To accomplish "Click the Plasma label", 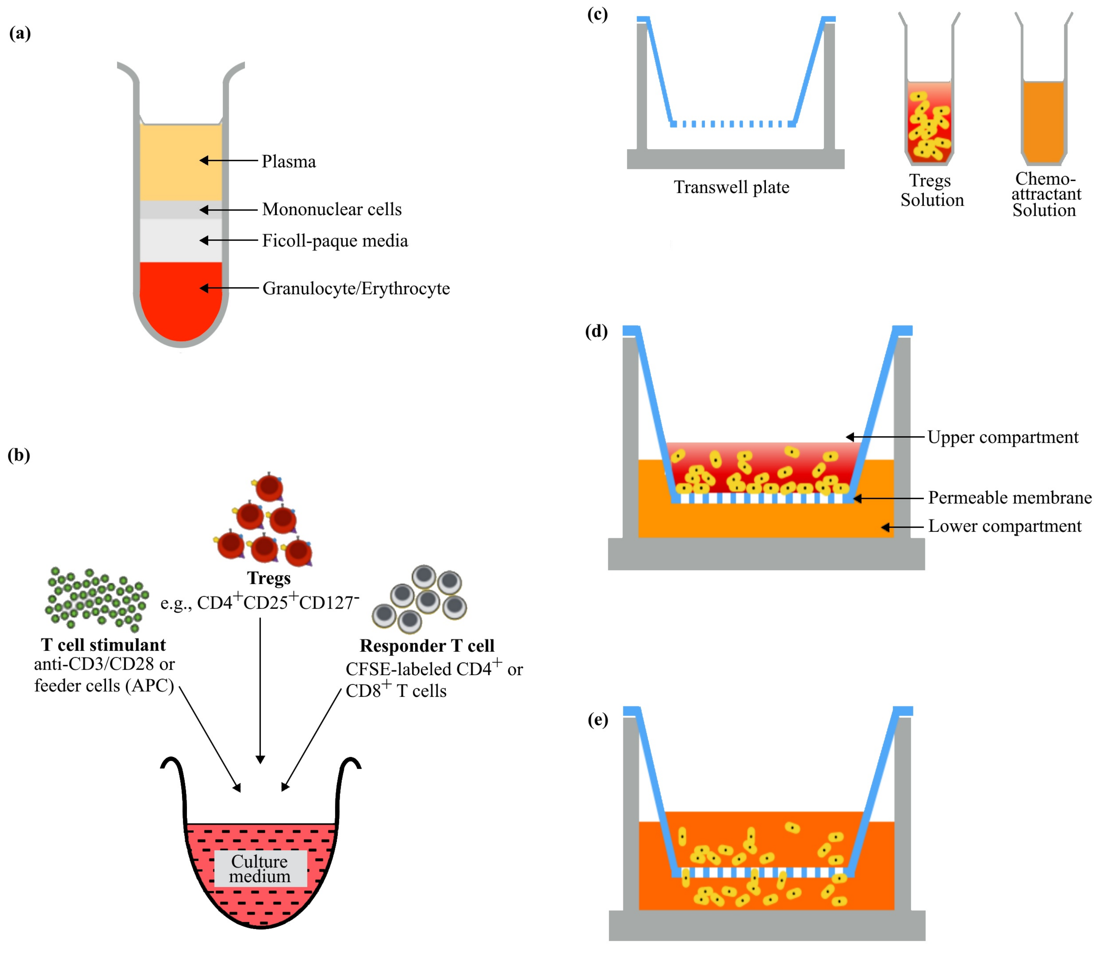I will pyautogui.click(x=288, y=161).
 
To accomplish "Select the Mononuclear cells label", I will pyautogui.click(x=331, y=210).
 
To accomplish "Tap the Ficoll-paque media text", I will pyautogui.click(x=335, y=241).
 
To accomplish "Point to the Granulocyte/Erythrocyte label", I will pyautogui.click(x=356, y=288).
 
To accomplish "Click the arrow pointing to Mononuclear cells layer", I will pyautogui.click(x=228, y=210).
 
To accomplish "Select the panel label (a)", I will pyautogui.click(x=20, y=34).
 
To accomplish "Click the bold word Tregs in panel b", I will pyautogui.click(x=268, y=578).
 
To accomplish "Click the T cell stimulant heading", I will pyautogui.click(x=103, y=645).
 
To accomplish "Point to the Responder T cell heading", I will pyautogui.click(x=427, y=645).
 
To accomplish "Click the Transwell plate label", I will pyautogui.click(x=731, y=187).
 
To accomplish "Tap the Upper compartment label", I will pyautogui.click(x=1002, y=437).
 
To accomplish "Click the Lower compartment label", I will pyautogui.click(x=1004, y=526).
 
